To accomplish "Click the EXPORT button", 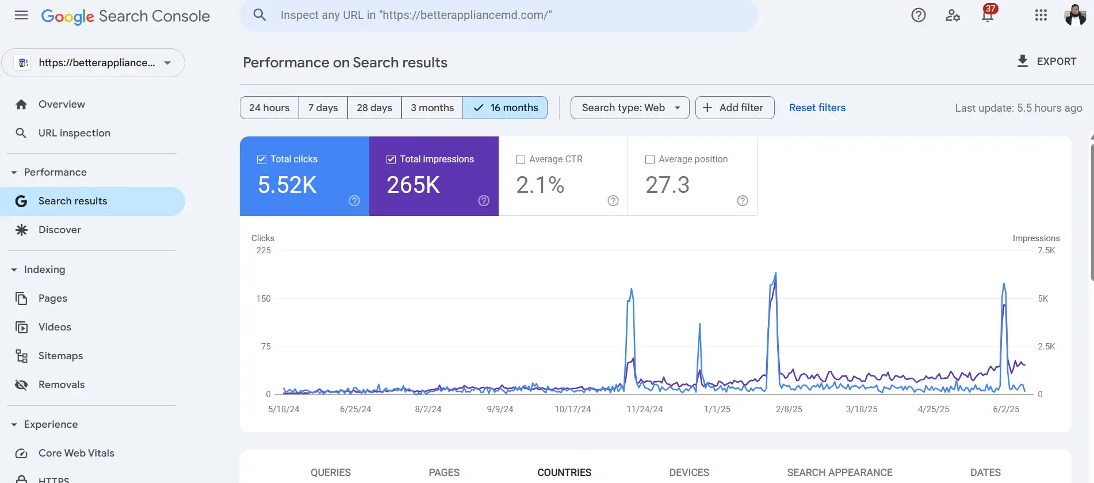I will pyautogui.click(x=1047, y=62).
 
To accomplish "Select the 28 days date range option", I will pyautogui.click(x=374, y=108).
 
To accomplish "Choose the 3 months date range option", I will pyautogui.click(x=432, y=108).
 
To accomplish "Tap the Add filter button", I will pyautogui.click(x=735, y=108).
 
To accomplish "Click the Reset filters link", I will pyautogui.click(x=817, y=108).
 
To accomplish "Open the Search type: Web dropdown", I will pyautogui.click(x=630, y=108).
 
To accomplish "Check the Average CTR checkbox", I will pyautogui.click(x=521, y=159).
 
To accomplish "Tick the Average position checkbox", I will pyautogui.click(x=650, y=159).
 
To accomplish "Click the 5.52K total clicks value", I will pyautogui.click(x=287, y=185).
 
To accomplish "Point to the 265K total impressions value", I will pyautogui.click(x=413, y=185).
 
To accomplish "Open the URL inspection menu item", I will pyautogui.click(x=74, y=133).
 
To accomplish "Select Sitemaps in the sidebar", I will pyautogui.click(x=60, y=356).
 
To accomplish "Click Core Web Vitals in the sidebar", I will pyautogui.click(x=76, y=453).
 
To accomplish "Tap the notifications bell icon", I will pyautogui.click(x=987, y=16).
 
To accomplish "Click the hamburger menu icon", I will pyautogui.click(x=21, y=16).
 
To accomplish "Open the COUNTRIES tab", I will pyautogui.click(x=564, y=472).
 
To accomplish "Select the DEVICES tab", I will pyautogui.click(x=689, y=472).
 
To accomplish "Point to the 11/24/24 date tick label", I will pyautogui.click(x=644, y=409).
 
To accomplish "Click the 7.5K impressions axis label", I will pyautogui.click(x=1046, y=250).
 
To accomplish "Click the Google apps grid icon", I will pyautogui.click(x=1041, y=16).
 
